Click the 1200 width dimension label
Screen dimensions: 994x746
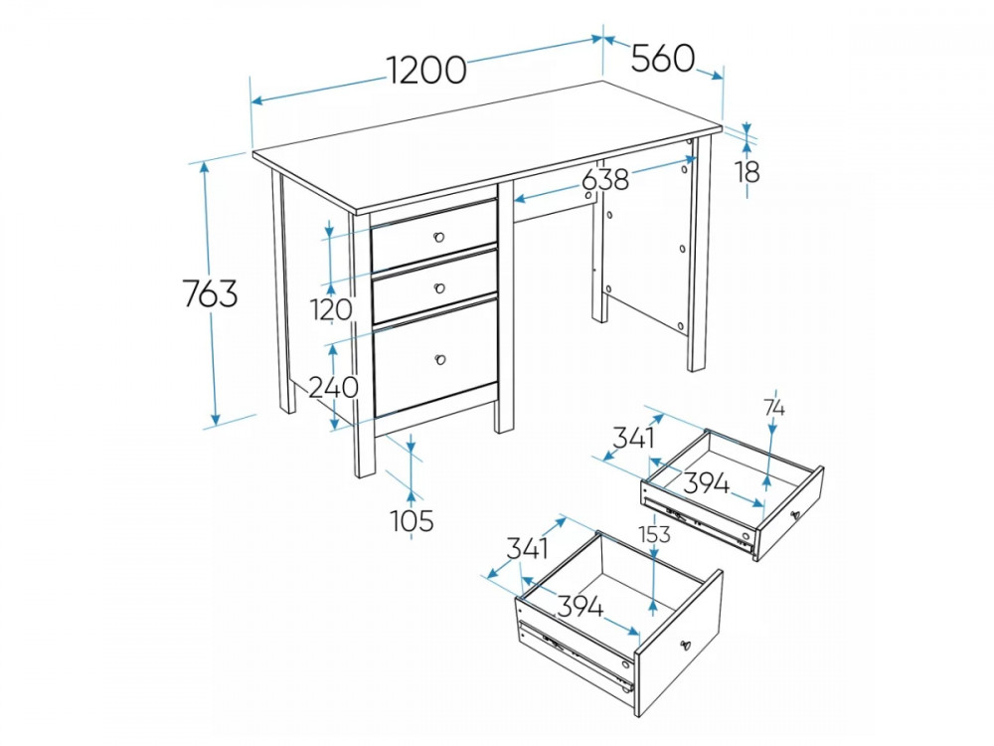click(x=426, y=70)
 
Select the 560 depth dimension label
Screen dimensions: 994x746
click(x=663, y=59)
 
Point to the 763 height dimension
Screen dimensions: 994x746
click(x=210, y=293)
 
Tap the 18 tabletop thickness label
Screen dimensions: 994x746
click(x=748, y=171)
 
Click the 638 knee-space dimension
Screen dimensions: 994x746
click(x=605, y=179)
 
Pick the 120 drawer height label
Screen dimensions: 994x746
click(x=332, y=309)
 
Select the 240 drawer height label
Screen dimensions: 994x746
click(x=333, y=387)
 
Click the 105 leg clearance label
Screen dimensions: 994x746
click(x=413, y=521)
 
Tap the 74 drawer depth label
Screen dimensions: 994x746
click(x=774, y=409)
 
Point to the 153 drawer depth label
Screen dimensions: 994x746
click(x=654, y=534)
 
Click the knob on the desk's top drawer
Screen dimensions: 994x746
click(x=438, y=238)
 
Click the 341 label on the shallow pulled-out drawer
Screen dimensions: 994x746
click(x=633, y=437)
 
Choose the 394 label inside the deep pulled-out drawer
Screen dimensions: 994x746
click(x=580, y=607)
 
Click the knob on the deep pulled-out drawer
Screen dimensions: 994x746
click(x=685, y=646)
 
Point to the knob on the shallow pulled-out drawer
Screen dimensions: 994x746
click(x=795, y=515)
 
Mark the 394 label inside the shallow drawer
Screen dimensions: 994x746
click(x=707, y=484)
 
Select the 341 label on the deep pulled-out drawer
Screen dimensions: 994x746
click(x=528, y=548)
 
